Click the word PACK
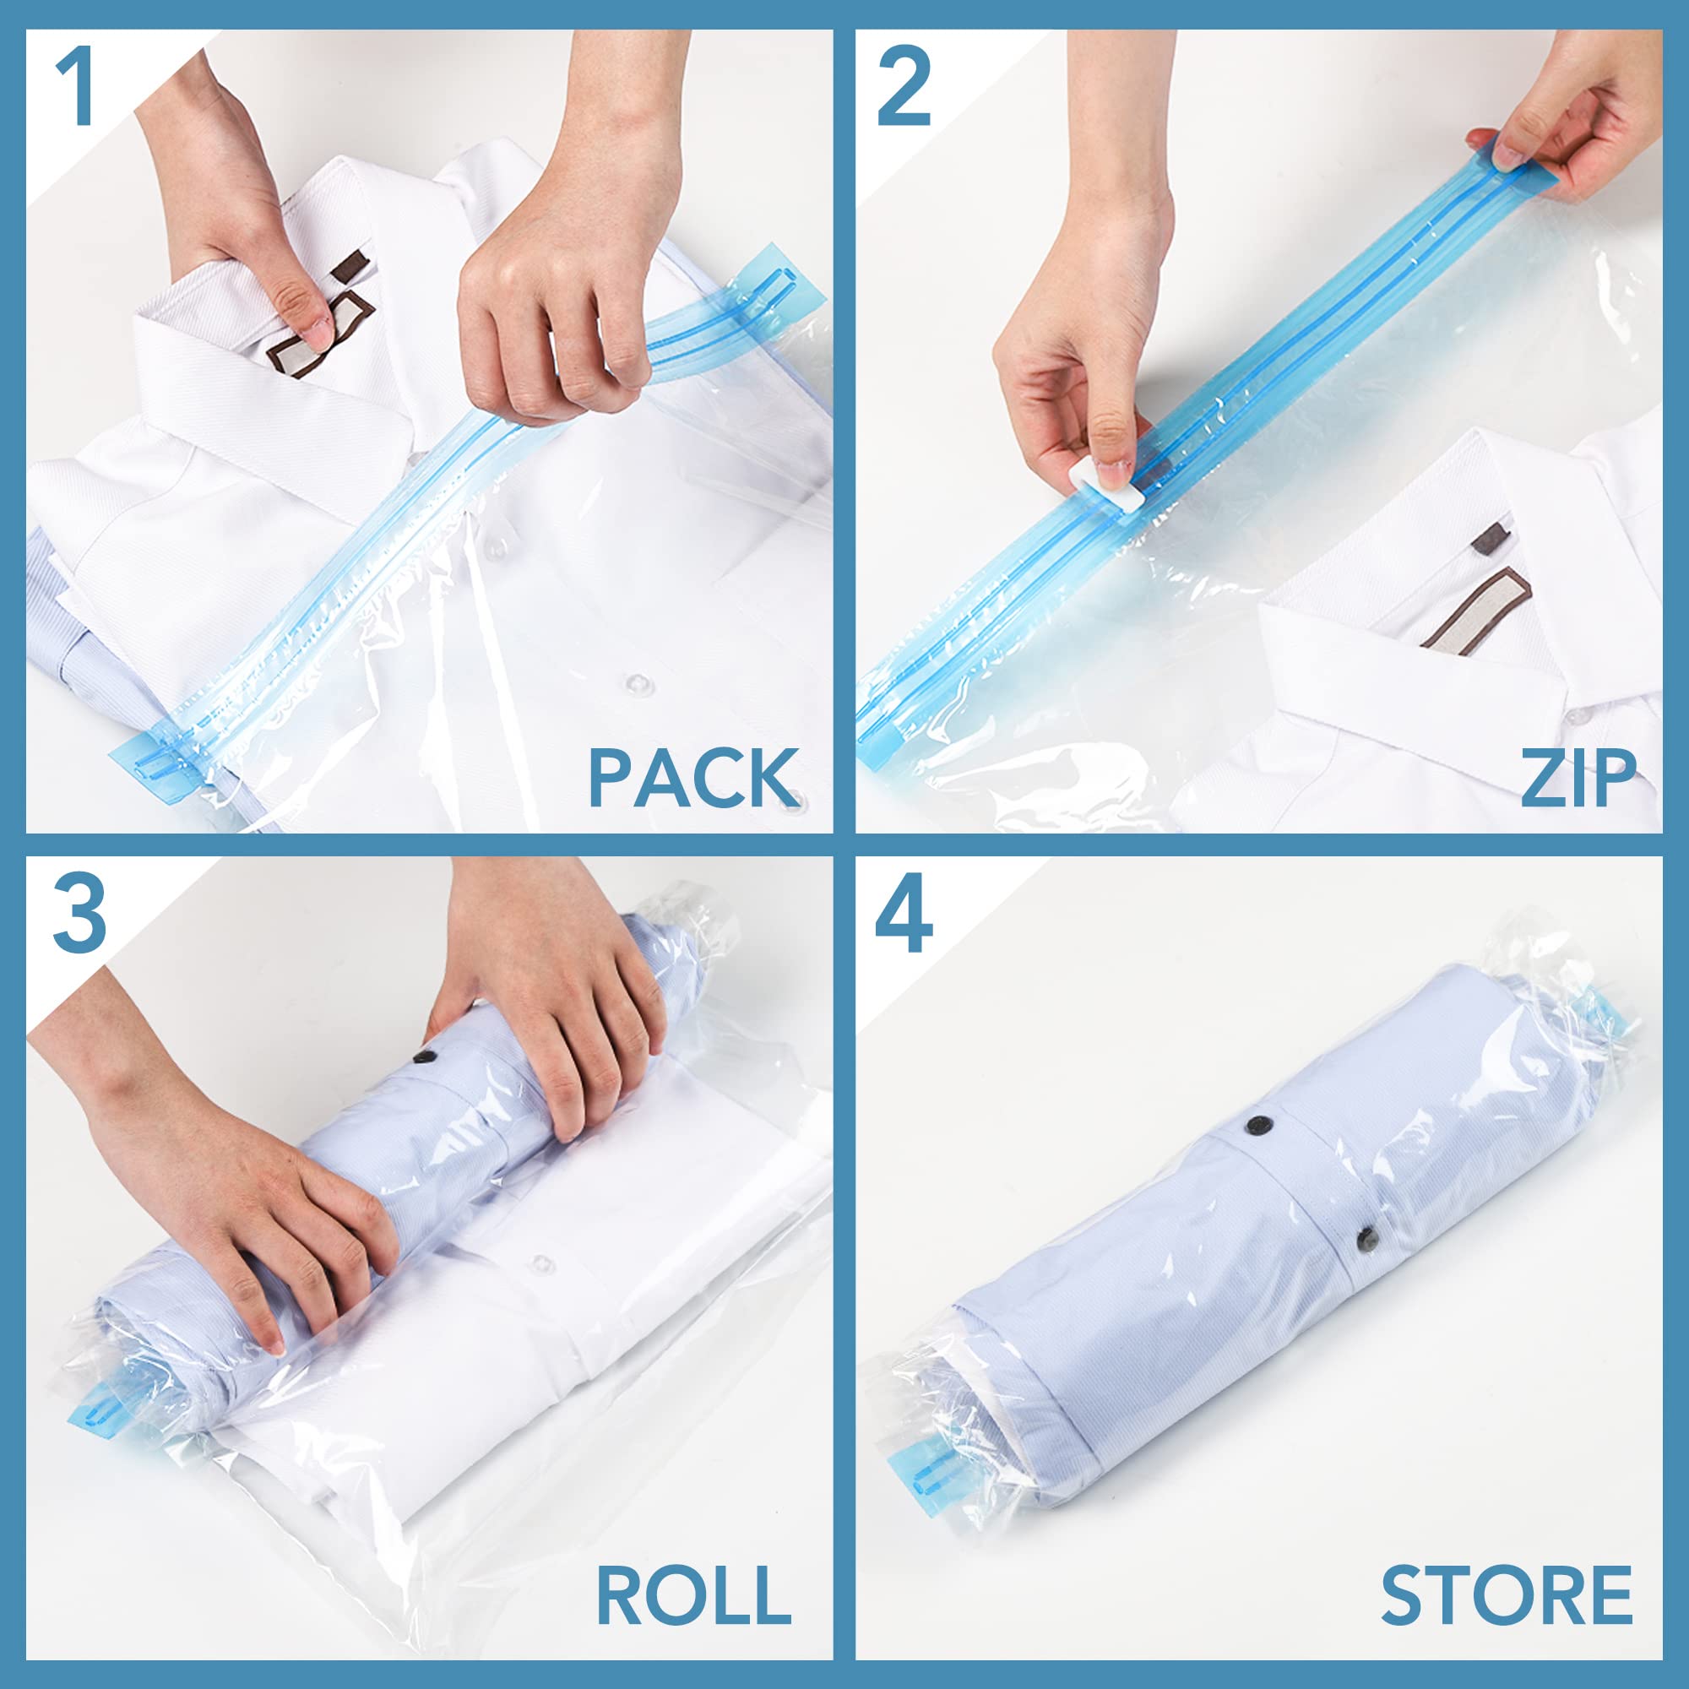click(693, 777)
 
